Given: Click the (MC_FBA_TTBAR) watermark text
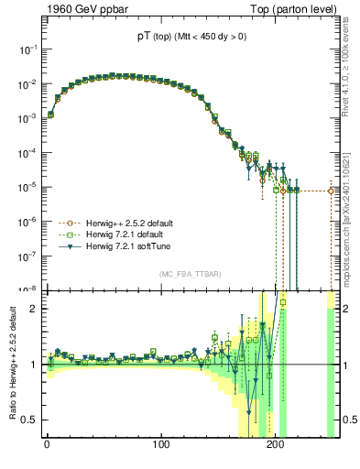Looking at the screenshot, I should click(x=188, y=274).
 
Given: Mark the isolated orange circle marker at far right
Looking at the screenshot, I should click(x=332, y=191).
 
